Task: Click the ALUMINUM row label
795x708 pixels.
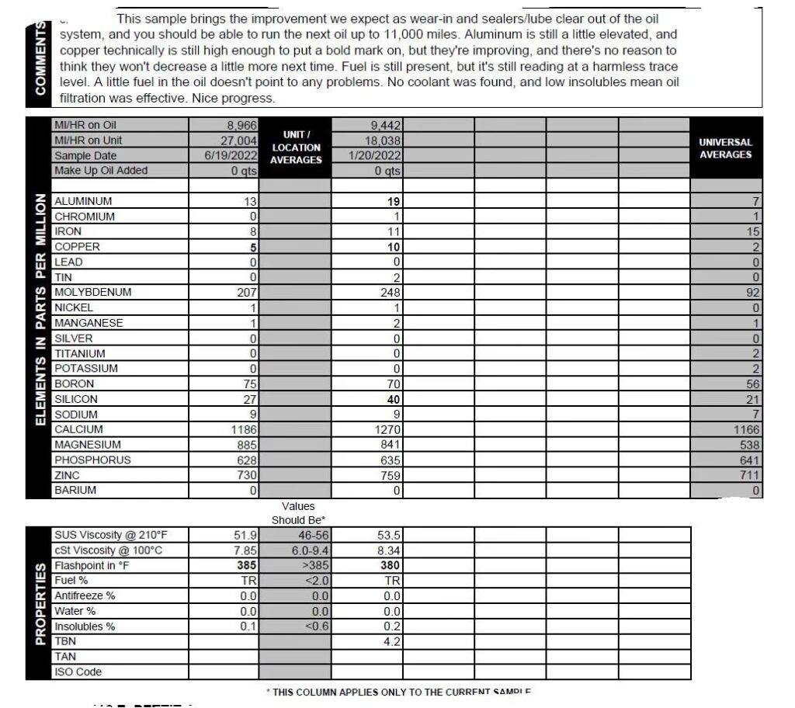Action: [x=83, y=201]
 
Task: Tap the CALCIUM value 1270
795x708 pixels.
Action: [x=385, y=430]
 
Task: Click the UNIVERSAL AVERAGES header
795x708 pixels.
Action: [x=725, y=148]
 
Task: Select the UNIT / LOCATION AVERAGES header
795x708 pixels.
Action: [x=296, y=147]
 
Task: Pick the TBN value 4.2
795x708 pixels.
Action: [x=392, y=642]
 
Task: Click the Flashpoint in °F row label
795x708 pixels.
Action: [x=92, y=565]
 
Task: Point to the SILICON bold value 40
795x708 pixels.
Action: [x=393, y=399]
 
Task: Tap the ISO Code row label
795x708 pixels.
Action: [x=78, y=672]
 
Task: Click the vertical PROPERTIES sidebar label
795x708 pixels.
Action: [x=40, y=603]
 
